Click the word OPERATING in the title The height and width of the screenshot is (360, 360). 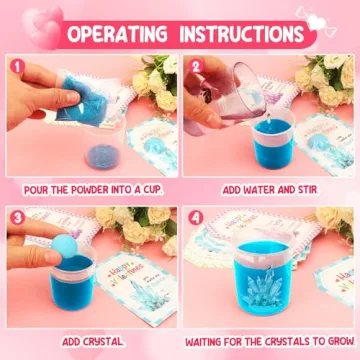tap(117, 34)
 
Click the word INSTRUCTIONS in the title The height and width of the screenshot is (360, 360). tap(242, 34)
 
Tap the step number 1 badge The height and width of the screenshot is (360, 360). tap(17, 66)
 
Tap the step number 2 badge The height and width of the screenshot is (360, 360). tap(195, 66)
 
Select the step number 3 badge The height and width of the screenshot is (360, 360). tap(17, 218)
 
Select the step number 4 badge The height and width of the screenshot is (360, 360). tap(196, 218)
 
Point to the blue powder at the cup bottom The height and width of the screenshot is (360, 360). tap(103, 156)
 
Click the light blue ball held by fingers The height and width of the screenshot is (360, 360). tap(64, 246)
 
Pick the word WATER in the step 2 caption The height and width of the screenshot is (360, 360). tap(261, 190)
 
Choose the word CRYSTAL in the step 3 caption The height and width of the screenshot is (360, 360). tap(105, 342)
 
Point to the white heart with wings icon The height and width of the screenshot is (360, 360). tap(316, 21)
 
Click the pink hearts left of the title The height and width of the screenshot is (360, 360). tap(43, 27)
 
